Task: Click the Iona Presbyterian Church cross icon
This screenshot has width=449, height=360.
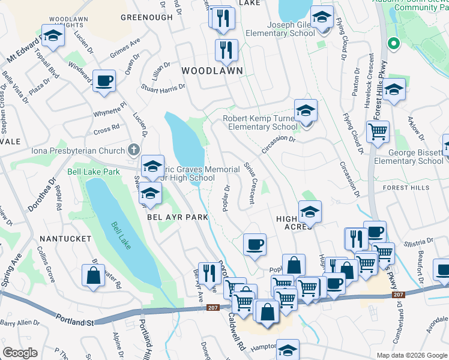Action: (x=134, y=149)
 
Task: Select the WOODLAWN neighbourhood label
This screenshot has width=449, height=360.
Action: (x=212, y=71)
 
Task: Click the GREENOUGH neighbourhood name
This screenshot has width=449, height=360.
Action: (x=146, y=17)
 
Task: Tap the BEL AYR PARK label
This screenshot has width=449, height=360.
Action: (x=178, y=217)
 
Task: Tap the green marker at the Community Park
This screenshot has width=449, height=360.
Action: (x=394, y=43)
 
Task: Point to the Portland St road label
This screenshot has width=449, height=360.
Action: (x=73, y=322)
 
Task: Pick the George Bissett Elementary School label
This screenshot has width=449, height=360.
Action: (x=408, y=157)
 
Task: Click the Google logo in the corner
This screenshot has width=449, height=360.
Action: (x=20, y=353)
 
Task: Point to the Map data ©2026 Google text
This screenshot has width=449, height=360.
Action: (x=411, y=355)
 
